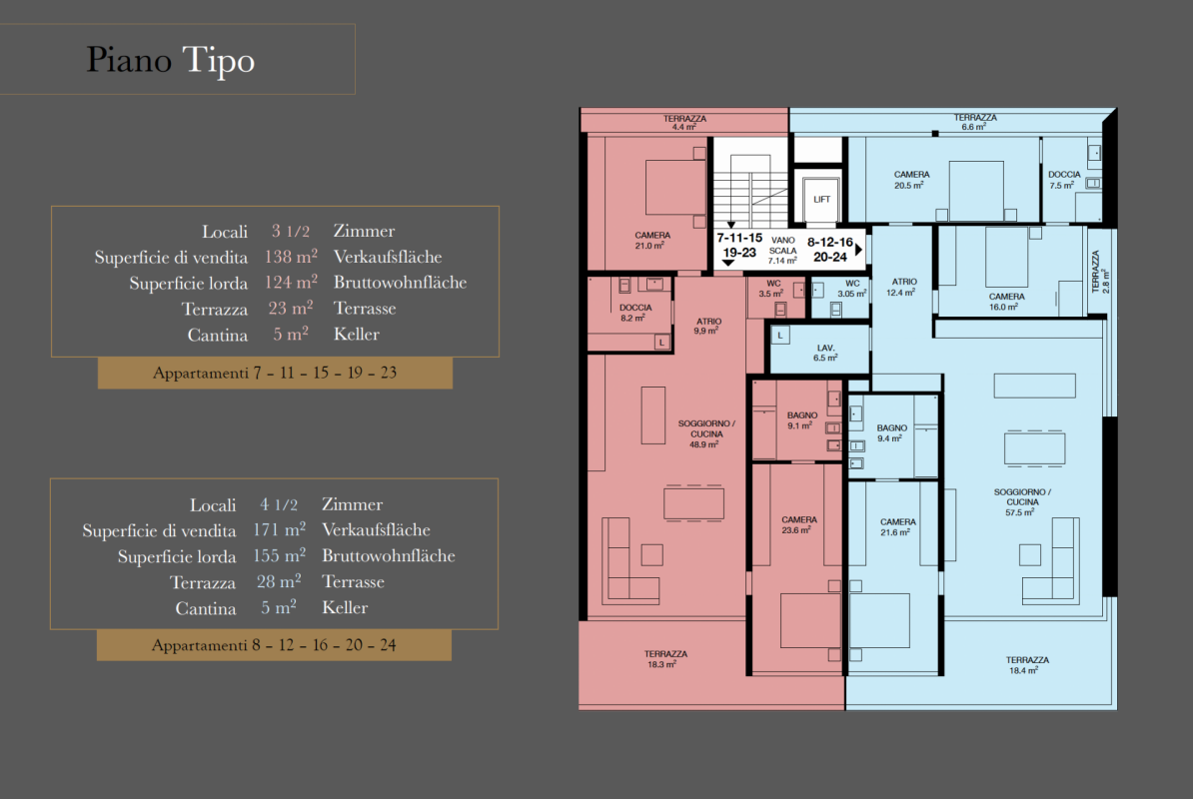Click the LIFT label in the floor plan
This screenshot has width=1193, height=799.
(821, 199)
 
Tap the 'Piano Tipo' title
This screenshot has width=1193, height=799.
(171, 60)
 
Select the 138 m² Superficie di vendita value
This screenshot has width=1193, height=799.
(291, 257)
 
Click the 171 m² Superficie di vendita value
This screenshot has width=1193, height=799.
(279, 529)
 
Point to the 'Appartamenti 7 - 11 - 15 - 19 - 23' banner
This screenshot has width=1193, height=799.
(275, 373)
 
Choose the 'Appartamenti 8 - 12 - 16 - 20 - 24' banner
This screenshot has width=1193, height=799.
(274, 644)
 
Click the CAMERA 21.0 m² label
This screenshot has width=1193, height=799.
(652, 241)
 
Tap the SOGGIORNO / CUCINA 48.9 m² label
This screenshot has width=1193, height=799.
(706, 433)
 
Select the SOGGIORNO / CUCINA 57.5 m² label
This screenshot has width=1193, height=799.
(1022, 501)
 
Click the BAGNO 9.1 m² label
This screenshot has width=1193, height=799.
(802, 420)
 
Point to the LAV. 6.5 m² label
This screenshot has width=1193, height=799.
(825, 353)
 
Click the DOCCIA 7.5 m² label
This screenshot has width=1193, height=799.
(1064, 180)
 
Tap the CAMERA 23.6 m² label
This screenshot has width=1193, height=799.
(799, 524)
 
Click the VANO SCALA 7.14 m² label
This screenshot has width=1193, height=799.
(782, 250)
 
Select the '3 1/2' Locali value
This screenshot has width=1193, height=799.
(291, 231)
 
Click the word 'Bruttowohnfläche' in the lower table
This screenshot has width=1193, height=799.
(388, 555)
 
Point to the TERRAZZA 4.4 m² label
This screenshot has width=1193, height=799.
(684, 123)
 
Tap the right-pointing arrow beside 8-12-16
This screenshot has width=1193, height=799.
(859, 250)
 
